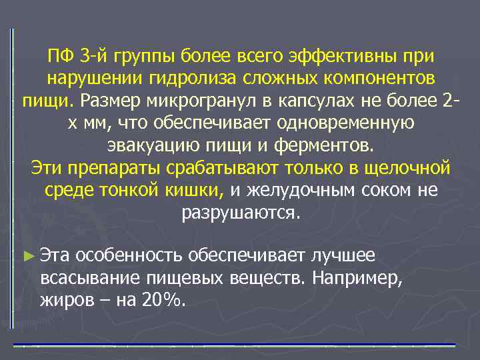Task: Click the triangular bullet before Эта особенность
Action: tap(27, 255)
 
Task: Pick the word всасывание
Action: tap(83, 277)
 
